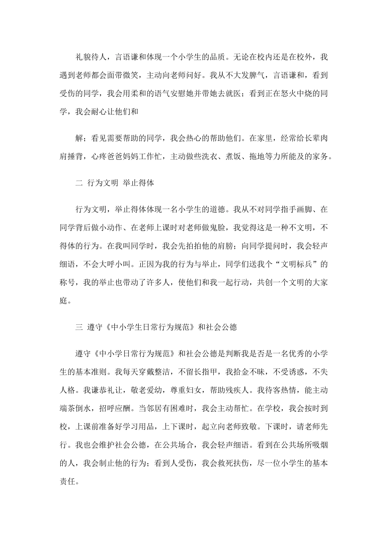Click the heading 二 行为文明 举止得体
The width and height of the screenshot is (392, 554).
tap(115, 183)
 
